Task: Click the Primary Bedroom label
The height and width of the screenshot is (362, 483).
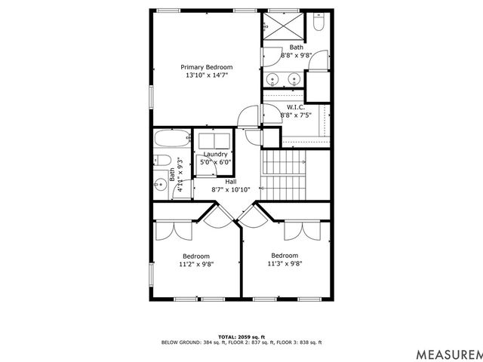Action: pyautogui.click(x=206, y=66)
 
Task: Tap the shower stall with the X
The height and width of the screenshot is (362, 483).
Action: pyautogui.click(x=285, y=27)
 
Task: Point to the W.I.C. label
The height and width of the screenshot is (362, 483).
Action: pyautogui.click(x=296, y=106)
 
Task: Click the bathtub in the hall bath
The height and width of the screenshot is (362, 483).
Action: pyautogui.click(x=172, y=139)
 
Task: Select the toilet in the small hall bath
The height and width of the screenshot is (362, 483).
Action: pyautogui.click(x=162, y=161)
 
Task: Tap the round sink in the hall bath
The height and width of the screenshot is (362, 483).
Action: pyautogui.click(x=160, y=185)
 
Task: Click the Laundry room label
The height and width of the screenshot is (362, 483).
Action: pyautogui.click(x=215, y=154)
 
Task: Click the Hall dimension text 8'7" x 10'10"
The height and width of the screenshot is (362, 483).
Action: pyautogui.click(x=230, y=189)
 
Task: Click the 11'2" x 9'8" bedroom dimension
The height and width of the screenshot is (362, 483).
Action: pyautogui.click(x=195, y=265)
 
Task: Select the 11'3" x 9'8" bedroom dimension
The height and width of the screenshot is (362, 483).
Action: pyautogui.click(x=285, y=264)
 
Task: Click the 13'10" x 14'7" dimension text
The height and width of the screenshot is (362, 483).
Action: pyautogui.click(x=206, y=75)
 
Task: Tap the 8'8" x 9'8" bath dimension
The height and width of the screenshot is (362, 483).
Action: pyautogui.click(x=296, y=56)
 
